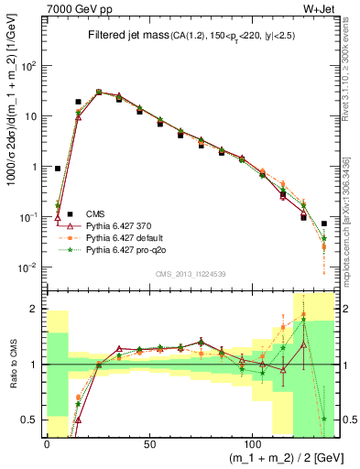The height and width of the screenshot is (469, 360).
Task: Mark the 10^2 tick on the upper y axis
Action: click(x=30, y=66)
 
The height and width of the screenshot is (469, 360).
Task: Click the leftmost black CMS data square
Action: click(x=58, y=169)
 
